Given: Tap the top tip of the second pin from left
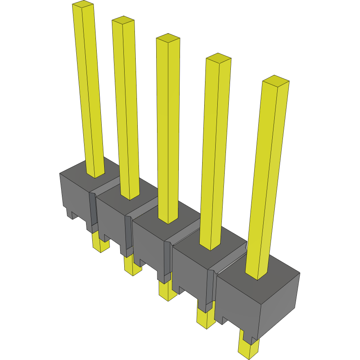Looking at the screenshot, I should click(123, 20).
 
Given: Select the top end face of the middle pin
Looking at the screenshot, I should click(168, 38).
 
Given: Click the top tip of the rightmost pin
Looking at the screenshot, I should click(276, 80).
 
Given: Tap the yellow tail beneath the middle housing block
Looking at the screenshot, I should click(167, 292).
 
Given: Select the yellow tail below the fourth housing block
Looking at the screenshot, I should click(205, 318).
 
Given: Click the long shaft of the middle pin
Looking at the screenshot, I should click(169, 131).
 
